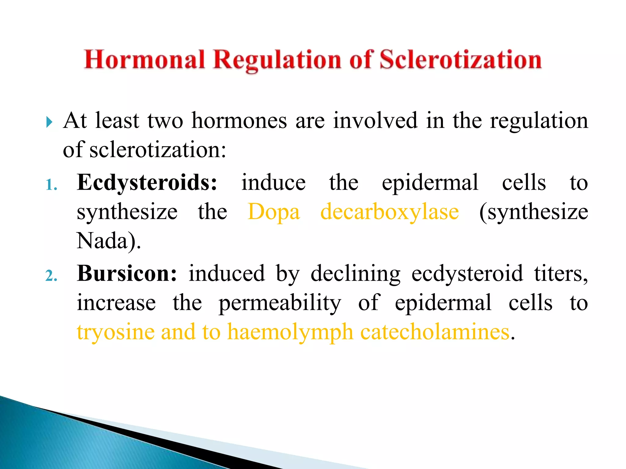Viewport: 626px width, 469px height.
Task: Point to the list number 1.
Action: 51,185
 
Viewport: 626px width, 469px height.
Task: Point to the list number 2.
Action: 51,276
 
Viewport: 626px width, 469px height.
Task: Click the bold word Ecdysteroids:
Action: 147,183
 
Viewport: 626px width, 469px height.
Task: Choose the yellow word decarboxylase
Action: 389,212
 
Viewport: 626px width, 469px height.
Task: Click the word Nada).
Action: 109,241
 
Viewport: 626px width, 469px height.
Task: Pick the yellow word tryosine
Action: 116,332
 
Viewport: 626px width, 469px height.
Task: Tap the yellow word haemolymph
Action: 290,332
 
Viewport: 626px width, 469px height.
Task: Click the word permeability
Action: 280,303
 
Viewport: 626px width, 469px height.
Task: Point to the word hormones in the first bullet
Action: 239,121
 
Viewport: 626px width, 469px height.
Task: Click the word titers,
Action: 561,274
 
